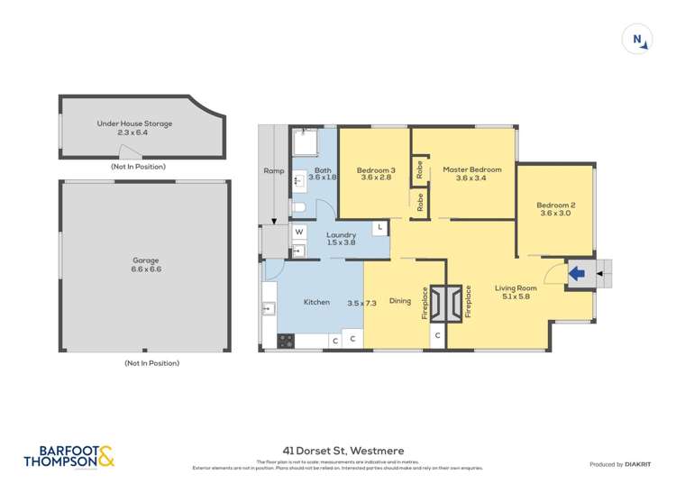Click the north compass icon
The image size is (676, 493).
(637, 40)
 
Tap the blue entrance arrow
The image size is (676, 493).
(577, 271)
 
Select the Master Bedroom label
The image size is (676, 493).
(471, 169)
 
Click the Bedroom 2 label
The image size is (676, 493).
(556, 205)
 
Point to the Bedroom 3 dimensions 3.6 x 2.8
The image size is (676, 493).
(376, 178)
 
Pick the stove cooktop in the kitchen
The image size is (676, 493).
(286, 341)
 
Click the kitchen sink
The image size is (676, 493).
(269, 309)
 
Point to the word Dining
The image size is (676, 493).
(399, 302)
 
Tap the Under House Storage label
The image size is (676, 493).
(134, 123)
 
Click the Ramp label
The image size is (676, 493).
(273, 170)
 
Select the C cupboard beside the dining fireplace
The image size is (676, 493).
(437, 336)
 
